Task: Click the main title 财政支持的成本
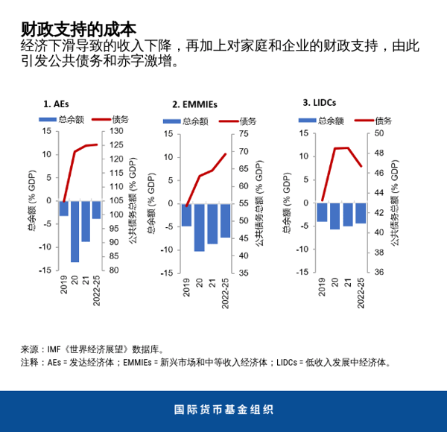[78, 29]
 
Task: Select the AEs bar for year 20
[74, 231]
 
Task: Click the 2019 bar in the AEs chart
[64, 208]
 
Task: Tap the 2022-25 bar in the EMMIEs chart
[225, 220]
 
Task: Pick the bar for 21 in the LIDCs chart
[348, 214]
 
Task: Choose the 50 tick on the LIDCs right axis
[378, 133]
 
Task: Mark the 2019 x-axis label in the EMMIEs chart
[187, 288]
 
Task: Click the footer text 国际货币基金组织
[223, 410]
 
